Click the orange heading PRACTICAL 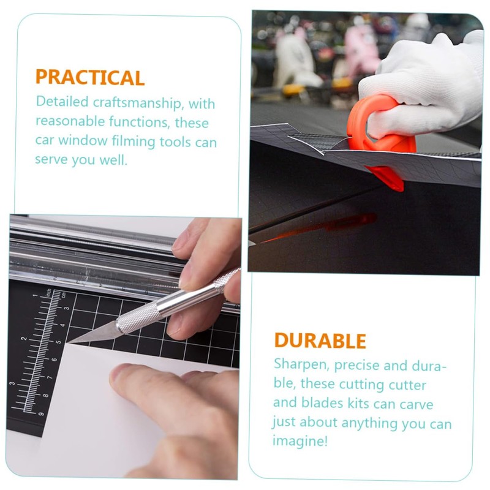pos(90,78)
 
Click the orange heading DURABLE pos(320,341)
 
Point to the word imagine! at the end pos(300,441)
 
